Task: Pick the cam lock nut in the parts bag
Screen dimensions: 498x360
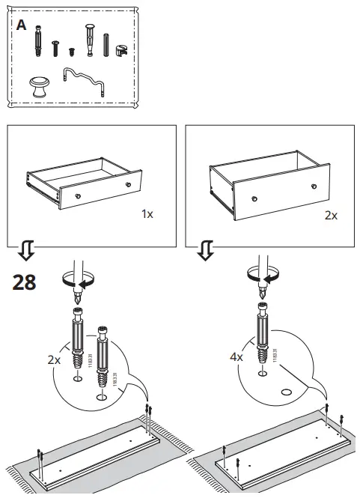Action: click(x=120, y=47)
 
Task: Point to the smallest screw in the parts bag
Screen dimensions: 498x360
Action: click(x=72, y=52)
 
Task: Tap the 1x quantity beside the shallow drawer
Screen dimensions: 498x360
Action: click(x=147, y=213)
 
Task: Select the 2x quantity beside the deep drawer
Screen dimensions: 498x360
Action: click(x=330, y=215)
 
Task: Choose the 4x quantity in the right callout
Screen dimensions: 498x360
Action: click(x=237, y=357)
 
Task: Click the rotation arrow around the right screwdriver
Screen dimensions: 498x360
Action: click(x=260, y=275)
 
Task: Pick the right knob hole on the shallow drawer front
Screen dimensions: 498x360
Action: click(x=129, y=183)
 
